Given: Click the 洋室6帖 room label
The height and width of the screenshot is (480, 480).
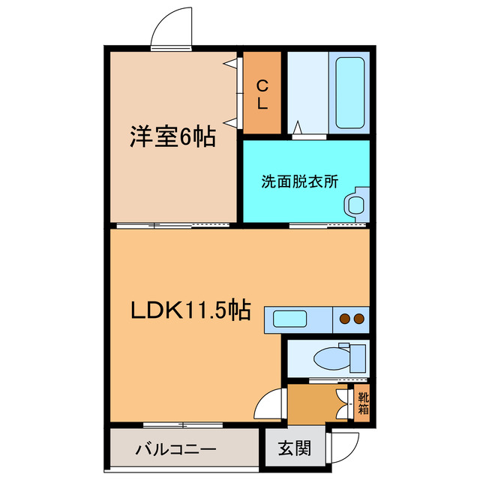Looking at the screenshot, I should coord(172,136).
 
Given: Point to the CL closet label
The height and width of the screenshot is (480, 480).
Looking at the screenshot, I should coord(262,95).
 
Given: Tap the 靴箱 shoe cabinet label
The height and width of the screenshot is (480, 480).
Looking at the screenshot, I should coord(363,403).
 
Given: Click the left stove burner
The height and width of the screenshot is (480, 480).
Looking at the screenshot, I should coord(345,319).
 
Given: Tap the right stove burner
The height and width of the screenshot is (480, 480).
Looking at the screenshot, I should coord(359,319).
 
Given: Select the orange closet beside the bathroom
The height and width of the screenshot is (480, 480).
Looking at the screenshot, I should coord(262,94).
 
